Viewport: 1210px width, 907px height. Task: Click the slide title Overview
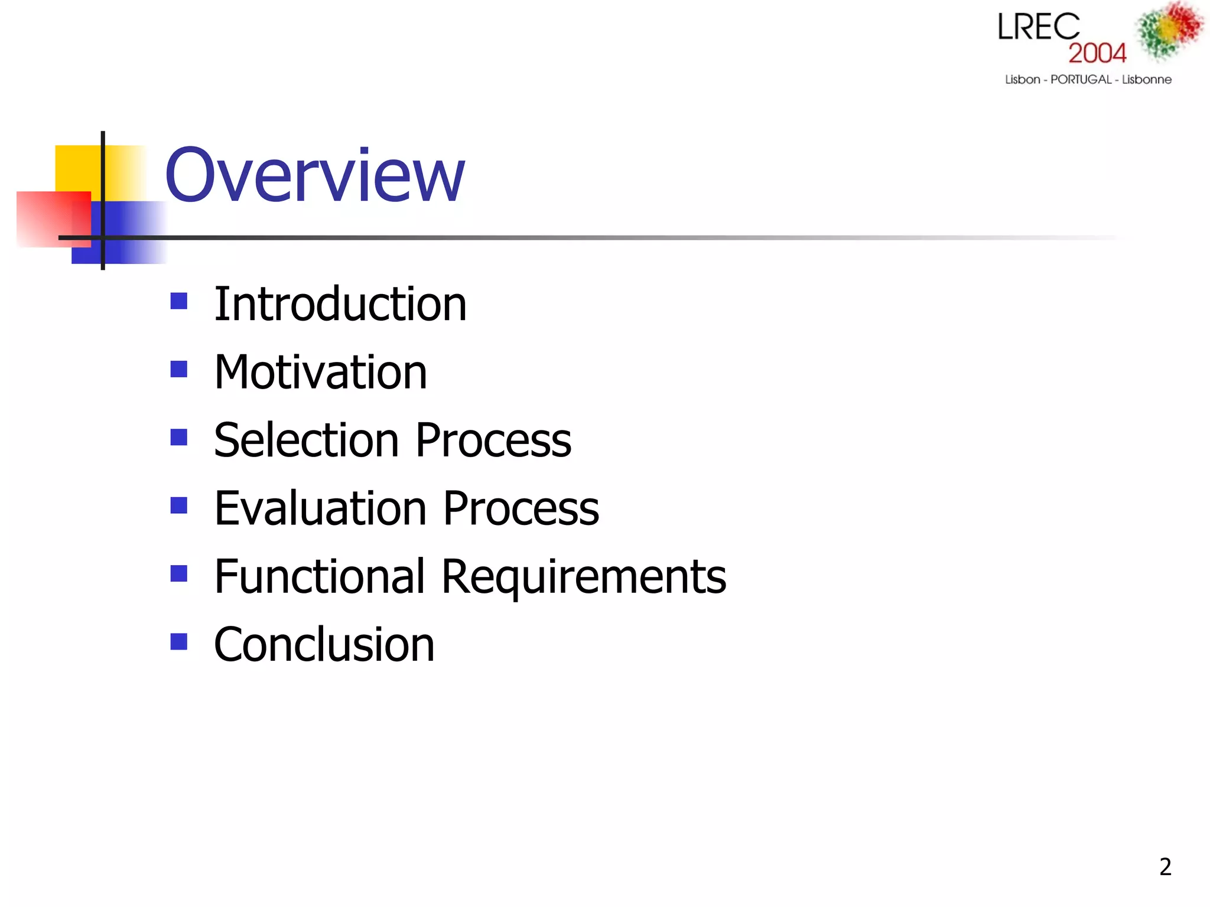[314, 175]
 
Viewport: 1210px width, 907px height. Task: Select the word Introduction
[340, 304]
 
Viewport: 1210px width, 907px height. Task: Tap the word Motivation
[320, 373]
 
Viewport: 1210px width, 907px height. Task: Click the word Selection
[307, 441]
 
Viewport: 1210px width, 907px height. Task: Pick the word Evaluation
[320, 508]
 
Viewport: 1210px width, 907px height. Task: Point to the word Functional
[320, 576]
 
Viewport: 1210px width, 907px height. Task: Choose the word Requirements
[584, 578]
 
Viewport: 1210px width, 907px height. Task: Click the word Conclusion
[324, 645]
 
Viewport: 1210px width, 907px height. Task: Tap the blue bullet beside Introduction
[178, 302]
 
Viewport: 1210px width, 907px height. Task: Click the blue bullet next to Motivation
[178, 370]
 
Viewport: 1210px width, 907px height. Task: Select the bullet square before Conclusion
[178, 641]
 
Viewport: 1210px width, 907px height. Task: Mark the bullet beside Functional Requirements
[178, 573]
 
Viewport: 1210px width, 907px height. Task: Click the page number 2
[1165, 867]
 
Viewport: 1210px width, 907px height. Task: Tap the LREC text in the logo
[1038, 27]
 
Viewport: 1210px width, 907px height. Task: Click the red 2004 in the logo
[1097, 53]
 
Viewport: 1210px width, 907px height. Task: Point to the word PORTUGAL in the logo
[1081, 80]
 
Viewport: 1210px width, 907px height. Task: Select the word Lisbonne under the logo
[1146, 80]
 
